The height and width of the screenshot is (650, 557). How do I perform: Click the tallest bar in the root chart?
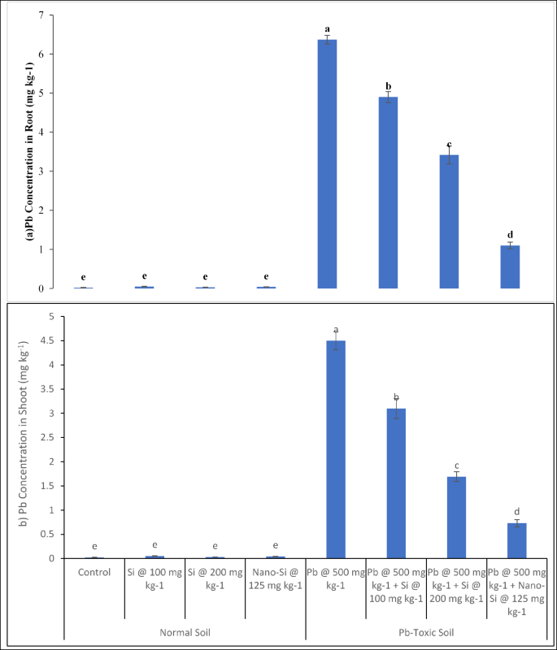coord(327,163)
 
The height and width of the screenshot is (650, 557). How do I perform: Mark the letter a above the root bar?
coord(327,29)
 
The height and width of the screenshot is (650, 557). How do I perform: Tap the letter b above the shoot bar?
coord(397,397)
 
